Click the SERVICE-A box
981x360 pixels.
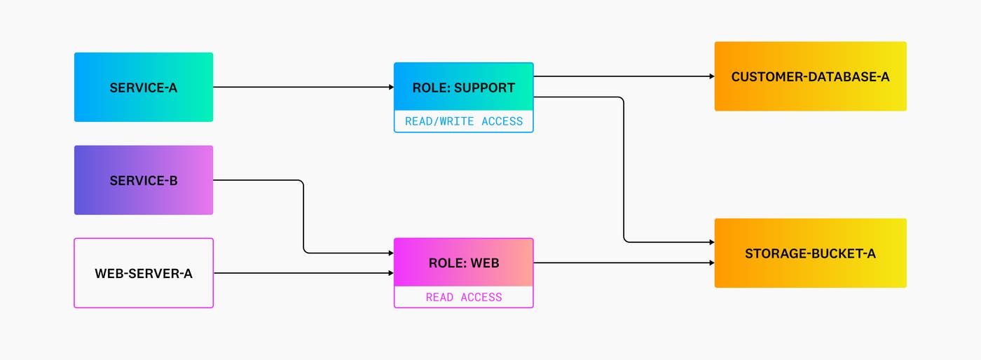[x=144, y=88]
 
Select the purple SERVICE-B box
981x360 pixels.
[x=144, y=180]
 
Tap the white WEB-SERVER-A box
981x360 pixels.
[x=144, y=273]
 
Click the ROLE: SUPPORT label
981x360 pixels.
[x=463, y=88]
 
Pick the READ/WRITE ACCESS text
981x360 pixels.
[x=463, y=121]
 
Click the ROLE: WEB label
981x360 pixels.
[x=463, y=263]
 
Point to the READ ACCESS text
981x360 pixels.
[x=463, y=297]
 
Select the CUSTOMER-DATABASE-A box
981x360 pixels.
[x=810, y=76]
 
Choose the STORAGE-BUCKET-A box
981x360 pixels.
[x=810, y=253]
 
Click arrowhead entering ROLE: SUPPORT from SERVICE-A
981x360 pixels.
[x=391, y=88]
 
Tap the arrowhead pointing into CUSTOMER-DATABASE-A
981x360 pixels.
[x=711, y=76]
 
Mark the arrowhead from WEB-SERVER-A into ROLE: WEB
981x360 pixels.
[x=391, y=273]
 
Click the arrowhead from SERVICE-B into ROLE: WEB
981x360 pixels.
[x=391, y=253]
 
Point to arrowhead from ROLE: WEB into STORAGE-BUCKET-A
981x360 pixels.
[x=711, y=263]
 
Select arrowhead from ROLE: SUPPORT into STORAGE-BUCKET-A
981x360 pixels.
[x=711, y=242]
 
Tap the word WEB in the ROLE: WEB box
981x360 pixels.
[x=484, y=263]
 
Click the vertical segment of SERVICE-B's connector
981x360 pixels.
[x=303, y=217]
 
